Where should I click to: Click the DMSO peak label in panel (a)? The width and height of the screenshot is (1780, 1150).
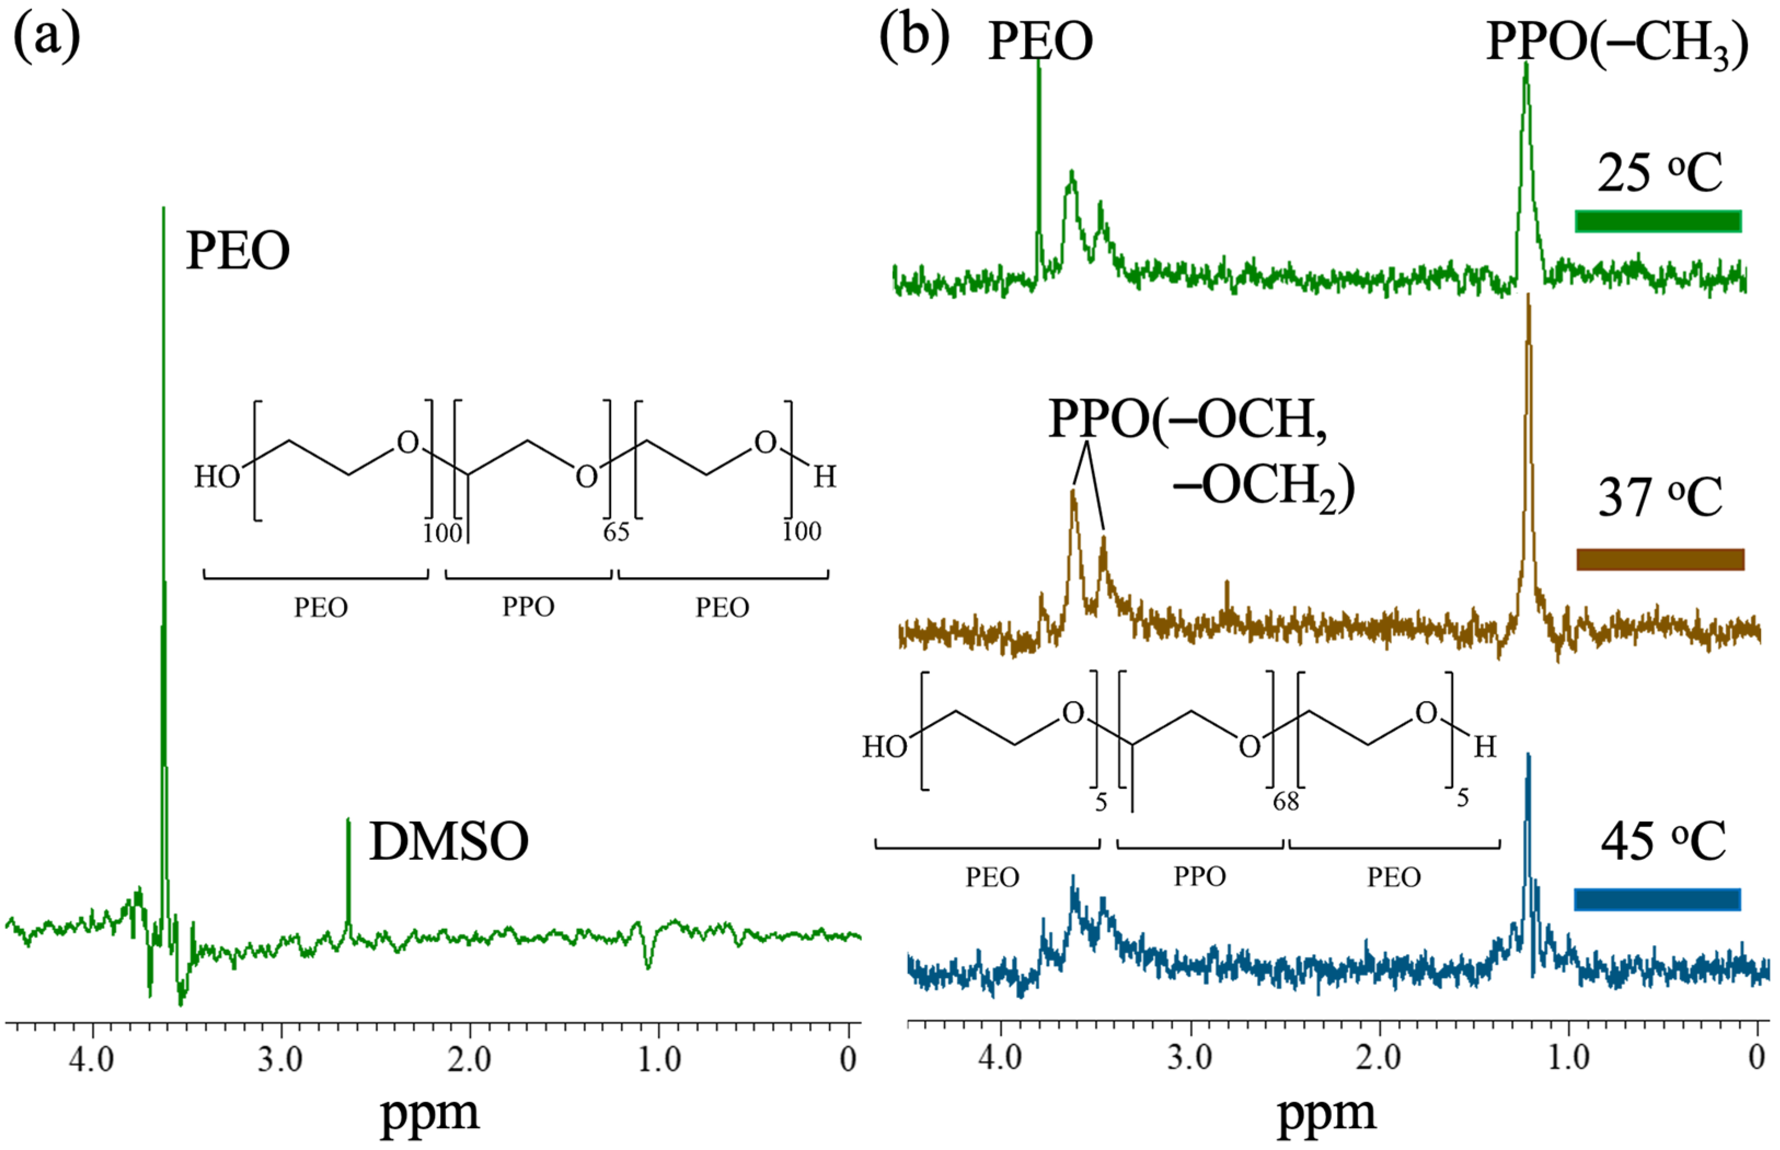[x=449, y=842]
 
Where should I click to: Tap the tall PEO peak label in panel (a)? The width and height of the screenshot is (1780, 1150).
[x=238, y=250]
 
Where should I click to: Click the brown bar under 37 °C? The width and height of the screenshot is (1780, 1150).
[x=1660, y=559]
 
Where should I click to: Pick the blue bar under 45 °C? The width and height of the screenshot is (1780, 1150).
[x=1657, y=900]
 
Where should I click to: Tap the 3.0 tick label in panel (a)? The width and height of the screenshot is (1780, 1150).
[x=280, y=1060]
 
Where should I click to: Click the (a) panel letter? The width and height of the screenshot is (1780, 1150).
[x=47, y=37]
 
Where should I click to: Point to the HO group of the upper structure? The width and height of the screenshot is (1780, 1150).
[x=217, y=476]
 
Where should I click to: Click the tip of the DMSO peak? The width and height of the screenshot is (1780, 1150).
[x=347, y=820]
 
